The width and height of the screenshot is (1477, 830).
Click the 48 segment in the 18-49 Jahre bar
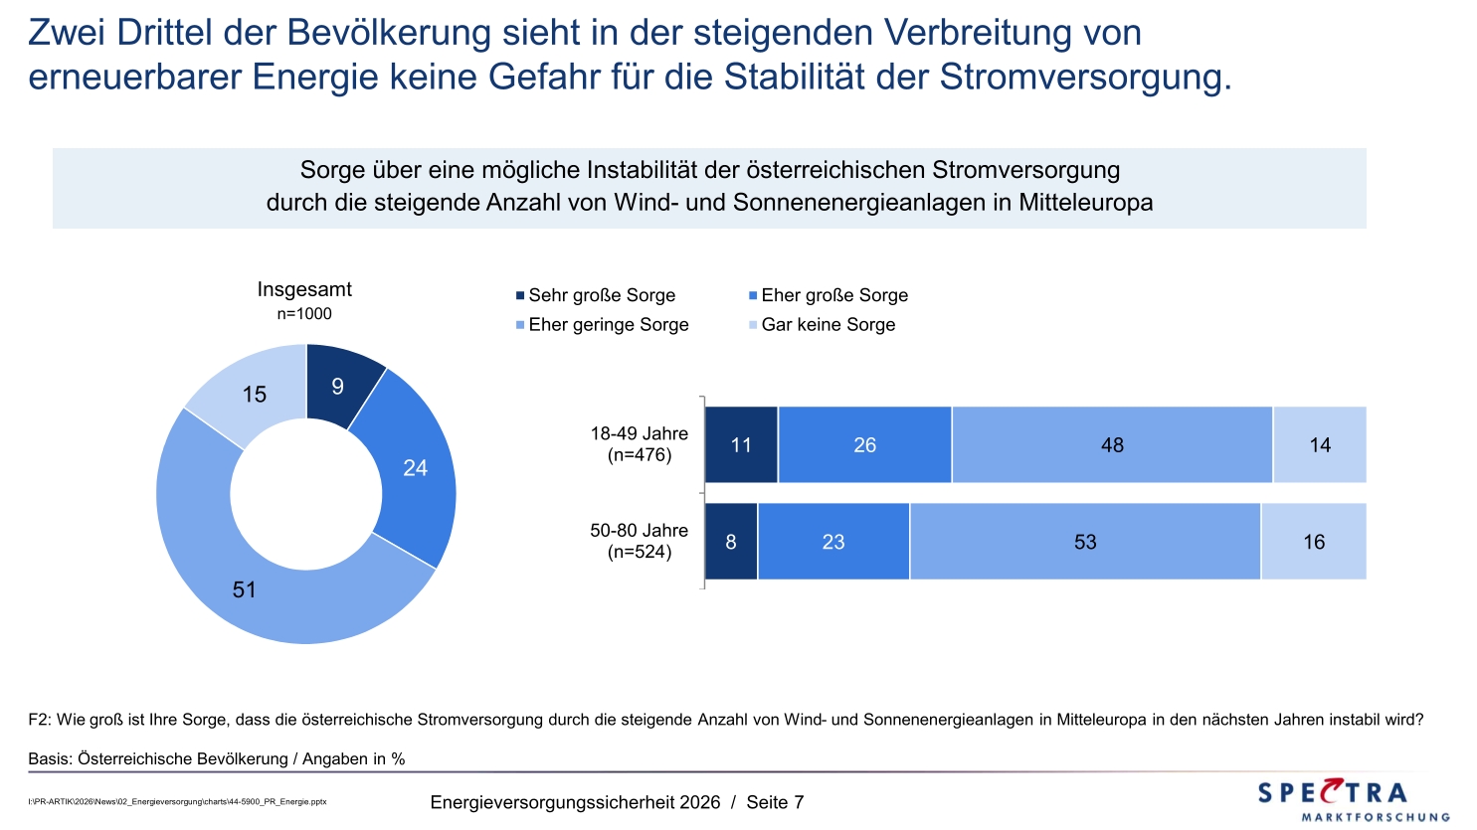click(x=1112, y=445)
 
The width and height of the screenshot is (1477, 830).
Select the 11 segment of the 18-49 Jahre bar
click(x=741, y=445)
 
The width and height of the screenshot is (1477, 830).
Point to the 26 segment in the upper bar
click(x=864, y=445)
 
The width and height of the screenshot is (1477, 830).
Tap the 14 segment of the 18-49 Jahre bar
click(x=1320, y=445)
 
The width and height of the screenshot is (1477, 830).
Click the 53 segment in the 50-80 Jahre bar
click(x=1085, y=542)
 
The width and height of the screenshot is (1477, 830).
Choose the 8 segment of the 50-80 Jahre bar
click(x=731, y=542)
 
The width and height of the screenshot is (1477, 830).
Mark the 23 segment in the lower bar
click(x=833, y=542)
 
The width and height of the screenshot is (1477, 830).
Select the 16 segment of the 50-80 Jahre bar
click(x=1314, y=542)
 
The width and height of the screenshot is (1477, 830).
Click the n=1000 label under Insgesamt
click(x=304, y=314)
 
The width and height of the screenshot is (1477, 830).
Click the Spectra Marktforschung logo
click(x=1353, y=800)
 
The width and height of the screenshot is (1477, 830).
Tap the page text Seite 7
click(x=775, y=802)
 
